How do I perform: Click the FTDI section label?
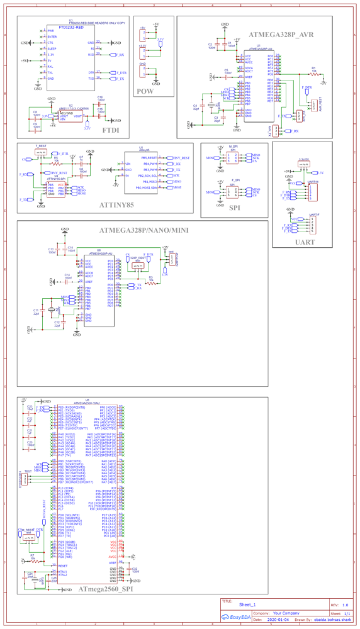pyautogui.click(x=111, y=130)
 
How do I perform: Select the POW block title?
pyautogui.click(x=145, y=91)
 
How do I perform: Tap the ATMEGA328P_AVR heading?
pyautogui.click(x=281, y=34)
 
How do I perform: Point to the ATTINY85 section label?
pyautogui.click(x=116, y=204)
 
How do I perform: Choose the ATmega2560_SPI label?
pyautogui.click(x=106, y=589)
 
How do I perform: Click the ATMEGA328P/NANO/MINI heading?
pyautogui.click(x=143, y=230)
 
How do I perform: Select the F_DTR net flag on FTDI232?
pyautogui.click(x=121, y=73)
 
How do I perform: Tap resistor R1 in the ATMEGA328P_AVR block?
pyautogui.click(x=313, y=72)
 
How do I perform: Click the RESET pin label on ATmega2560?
pyautogui.click(x=63, y=565)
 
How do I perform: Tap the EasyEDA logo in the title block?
pyautogui.click(x=237, y=618)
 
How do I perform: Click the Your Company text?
pyautogui.click(x=286, y=613)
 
